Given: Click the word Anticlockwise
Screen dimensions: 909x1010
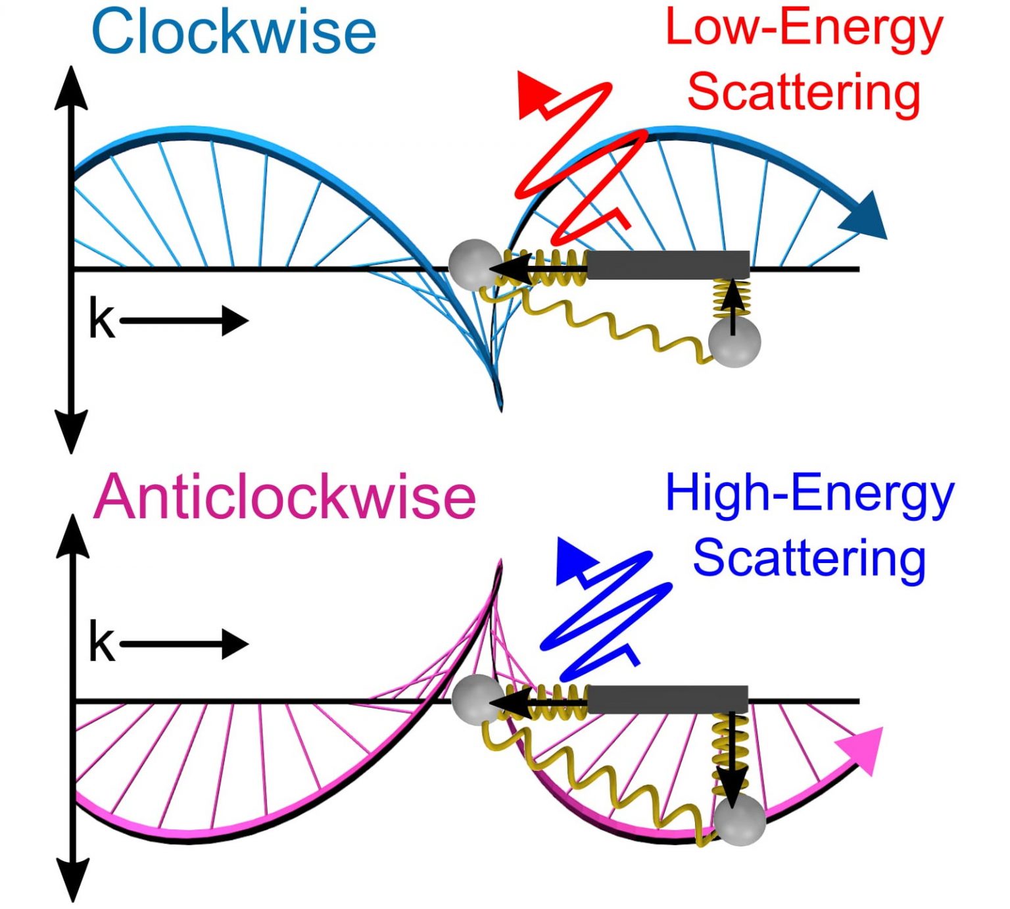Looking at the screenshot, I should click(x=284, y=497).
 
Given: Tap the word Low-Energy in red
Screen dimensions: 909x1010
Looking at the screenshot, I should click(x=804, y=30).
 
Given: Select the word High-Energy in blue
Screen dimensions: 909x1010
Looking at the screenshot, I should click(x=809, y=495).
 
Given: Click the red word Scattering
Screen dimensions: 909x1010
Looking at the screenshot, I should click(x=804, y=92).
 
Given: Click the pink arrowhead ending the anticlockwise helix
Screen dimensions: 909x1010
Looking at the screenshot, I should click(x=860, y=750).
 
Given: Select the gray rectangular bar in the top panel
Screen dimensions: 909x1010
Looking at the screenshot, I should click(x=667, y=264).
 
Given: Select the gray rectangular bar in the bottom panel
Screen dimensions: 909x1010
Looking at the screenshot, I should click(x=667, y=700).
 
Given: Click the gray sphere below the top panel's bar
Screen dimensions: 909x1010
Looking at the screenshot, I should click(x=734, y=342).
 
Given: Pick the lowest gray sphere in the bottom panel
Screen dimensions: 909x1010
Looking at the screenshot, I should click(x=740, y=819).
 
